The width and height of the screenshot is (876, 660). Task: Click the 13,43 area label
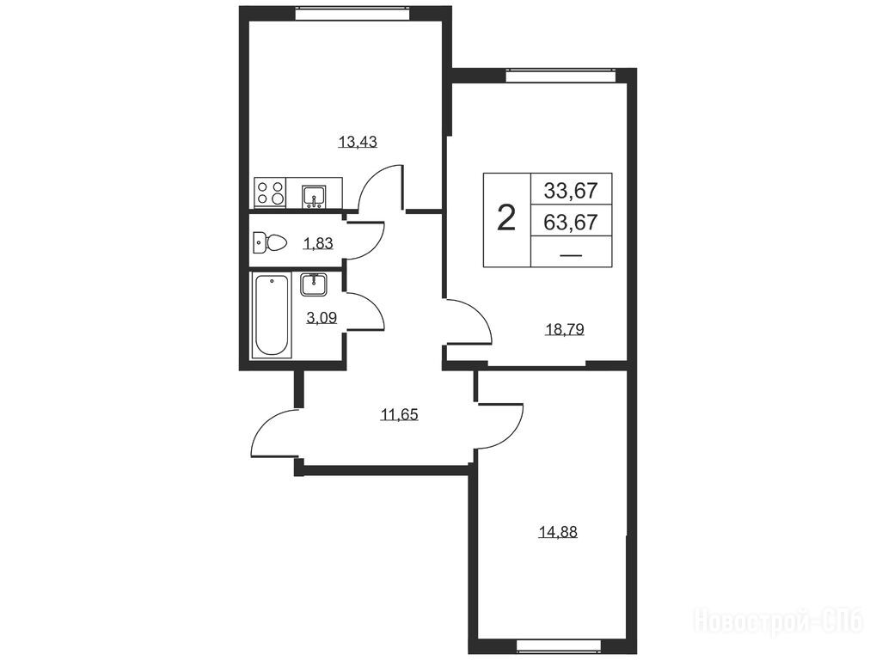click(358, 142)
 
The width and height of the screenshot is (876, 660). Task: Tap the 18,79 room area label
click(564, 329)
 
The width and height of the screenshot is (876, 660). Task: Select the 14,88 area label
click(558, 532)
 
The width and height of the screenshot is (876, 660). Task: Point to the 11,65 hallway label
click(400, 415)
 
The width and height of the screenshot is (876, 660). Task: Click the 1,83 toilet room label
click(318, 243)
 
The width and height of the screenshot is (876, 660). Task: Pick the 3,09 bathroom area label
click(322, 318)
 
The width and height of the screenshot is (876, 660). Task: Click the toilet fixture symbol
click(270, 242)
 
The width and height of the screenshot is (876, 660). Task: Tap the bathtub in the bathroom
click(272, 315)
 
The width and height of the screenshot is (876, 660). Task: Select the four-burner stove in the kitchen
click(270, 192)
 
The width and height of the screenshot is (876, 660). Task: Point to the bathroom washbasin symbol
click(314, 284)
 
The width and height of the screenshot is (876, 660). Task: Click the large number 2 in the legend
click(506, 218)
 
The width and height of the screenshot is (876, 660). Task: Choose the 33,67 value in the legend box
click(571, 192)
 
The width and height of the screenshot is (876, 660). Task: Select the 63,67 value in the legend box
click(571, 223)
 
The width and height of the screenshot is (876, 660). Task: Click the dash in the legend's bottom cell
click(571, 255)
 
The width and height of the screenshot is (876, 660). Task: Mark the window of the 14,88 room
click(560, 646)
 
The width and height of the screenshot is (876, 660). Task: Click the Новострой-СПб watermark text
click(780, 621)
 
